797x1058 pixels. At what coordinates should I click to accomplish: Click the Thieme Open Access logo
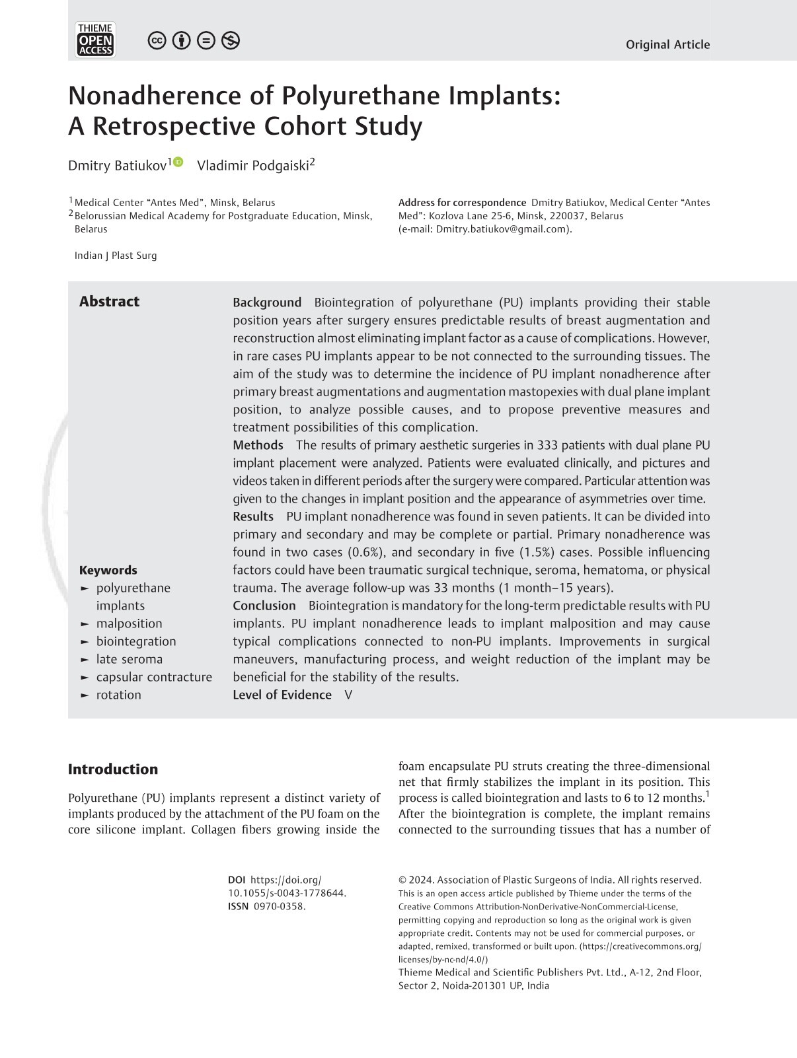pos(96,40)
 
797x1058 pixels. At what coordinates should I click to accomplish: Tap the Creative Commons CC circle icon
pos(157,41)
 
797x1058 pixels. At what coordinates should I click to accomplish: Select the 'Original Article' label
pos(667,45)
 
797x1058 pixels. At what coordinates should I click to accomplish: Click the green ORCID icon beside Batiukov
pos(178,162)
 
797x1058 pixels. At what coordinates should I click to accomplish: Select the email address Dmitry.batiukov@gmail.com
pos(502,229)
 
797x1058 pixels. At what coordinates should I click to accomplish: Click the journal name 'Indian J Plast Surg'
pos(116,256)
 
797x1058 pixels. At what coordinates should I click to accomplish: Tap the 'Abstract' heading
pos(109,302)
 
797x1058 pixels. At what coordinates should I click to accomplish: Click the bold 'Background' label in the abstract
pos(267,302)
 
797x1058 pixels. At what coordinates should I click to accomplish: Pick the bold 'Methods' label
pos(258,445)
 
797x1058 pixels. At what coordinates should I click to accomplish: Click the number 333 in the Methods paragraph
pos(548,445)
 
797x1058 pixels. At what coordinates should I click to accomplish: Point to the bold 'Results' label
pos(253,516)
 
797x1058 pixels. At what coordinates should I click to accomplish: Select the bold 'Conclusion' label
pos(264,606)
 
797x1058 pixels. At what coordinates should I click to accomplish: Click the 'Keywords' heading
pos(108,570)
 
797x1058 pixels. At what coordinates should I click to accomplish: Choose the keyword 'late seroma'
pos(130,659)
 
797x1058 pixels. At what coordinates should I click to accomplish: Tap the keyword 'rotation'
pos(119,695)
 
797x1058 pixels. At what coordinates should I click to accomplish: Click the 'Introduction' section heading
pos(113,769)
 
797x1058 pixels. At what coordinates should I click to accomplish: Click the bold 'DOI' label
pos(237,880)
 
